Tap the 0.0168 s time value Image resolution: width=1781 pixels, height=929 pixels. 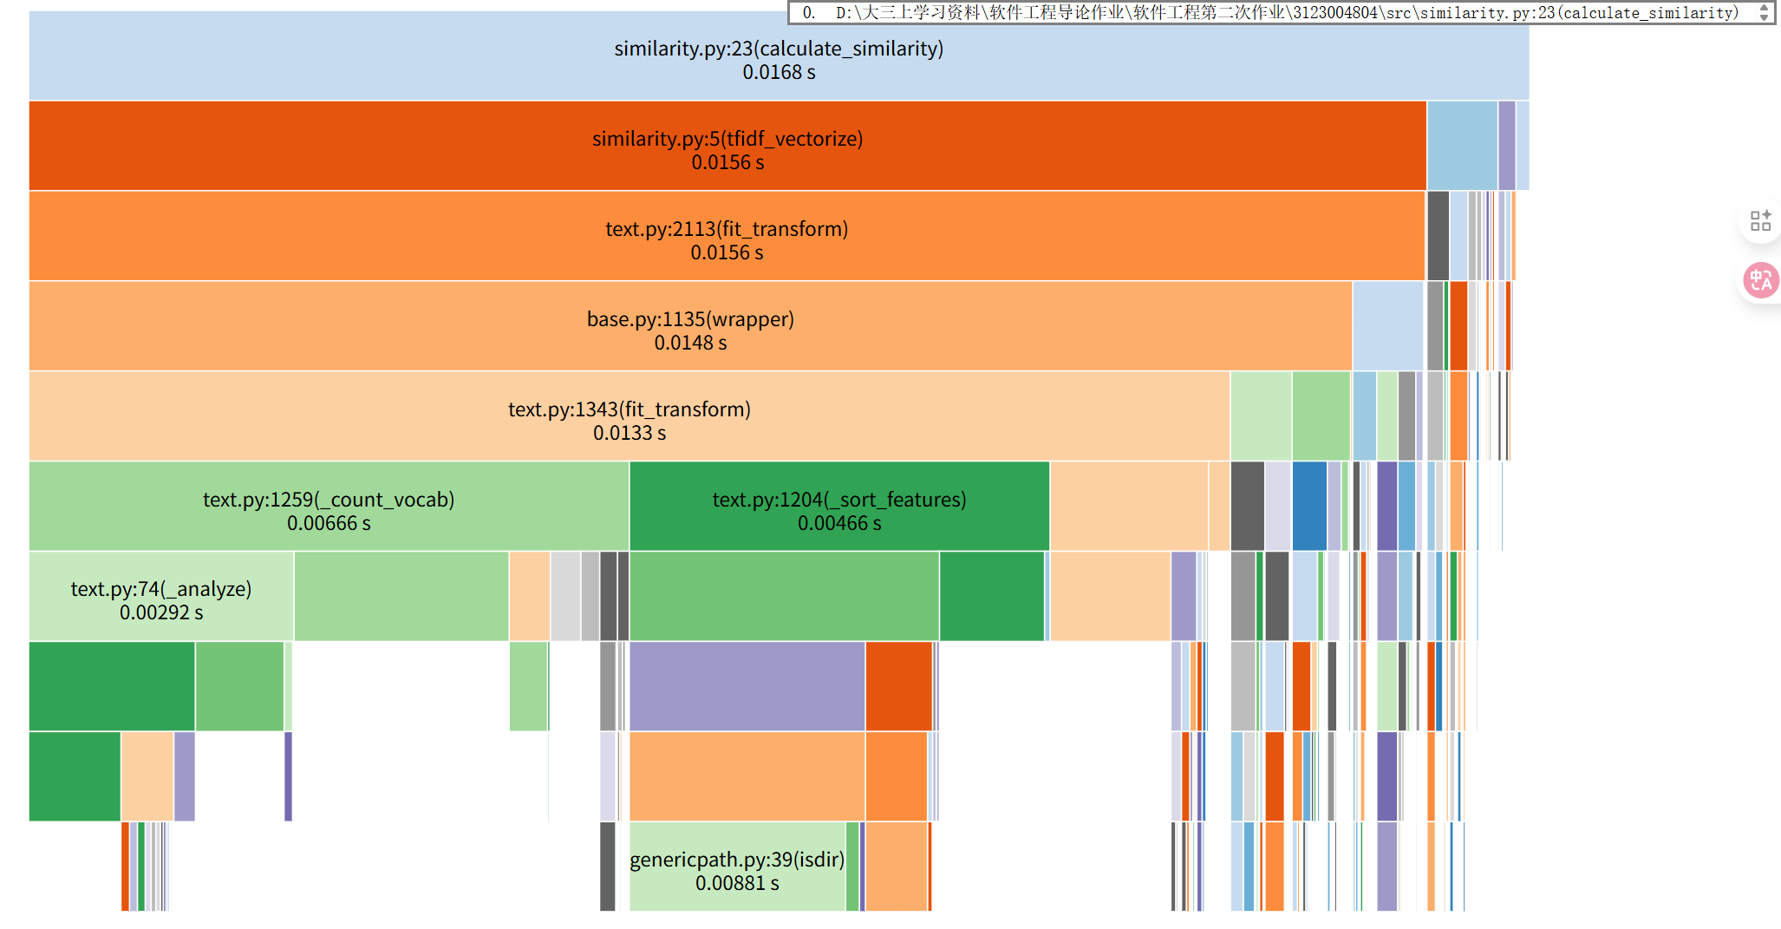pyautogui.click(x=779, y=73)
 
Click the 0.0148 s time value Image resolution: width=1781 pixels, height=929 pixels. pyautogui.click(x=690, y=343)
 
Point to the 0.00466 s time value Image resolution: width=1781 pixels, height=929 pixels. pyautogui.click(x=838, y=524)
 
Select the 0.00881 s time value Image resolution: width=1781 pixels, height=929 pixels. pyautogui.click(x=737, y=884)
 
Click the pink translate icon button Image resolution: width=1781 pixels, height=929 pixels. pyautogui.click(x=1761, y=280)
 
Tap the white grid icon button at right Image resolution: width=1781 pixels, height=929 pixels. pyautogui.click(x=1760, y=220)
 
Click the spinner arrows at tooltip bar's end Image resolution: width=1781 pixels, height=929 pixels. pyautogui.click(x=1764, y=12)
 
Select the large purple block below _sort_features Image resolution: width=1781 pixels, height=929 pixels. pyautogui.click(x=747, y=686)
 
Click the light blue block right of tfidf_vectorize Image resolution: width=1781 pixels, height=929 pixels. pyautogui.click(x=1462, y=145)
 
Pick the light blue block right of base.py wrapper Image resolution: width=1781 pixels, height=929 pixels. pyautogui.click(x=1387, y=325)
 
